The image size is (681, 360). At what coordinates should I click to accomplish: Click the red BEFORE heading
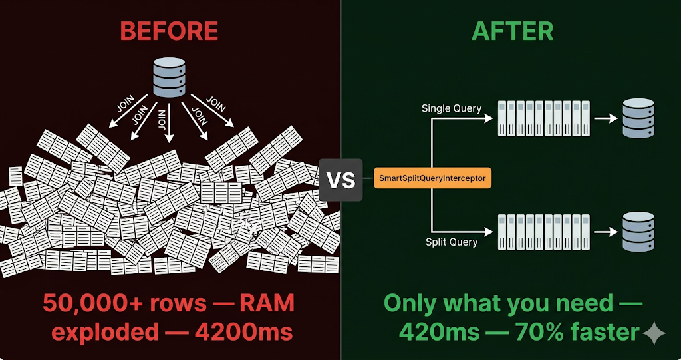pos(169,31)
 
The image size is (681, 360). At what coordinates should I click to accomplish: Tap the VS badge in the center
pos(340,180)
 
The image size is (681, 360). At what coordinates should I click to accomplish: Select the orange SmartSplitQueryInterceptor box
pos(433,178)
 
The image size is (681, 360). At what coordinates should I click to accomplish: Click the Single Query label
pos(451,108)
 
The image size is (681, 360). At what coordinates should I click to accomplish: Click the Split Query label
pos(451,242)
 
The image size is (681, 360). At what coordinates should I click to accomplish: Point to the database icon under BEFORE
pos(170,78)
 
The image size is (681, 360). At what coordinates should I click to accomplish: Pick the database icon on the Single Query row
pos(638,118)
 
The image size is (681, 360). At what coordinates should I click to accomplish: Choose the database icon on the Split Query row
pos(638,232)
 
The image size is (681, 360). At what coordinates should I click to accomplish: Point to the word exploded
pos(106,331)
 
